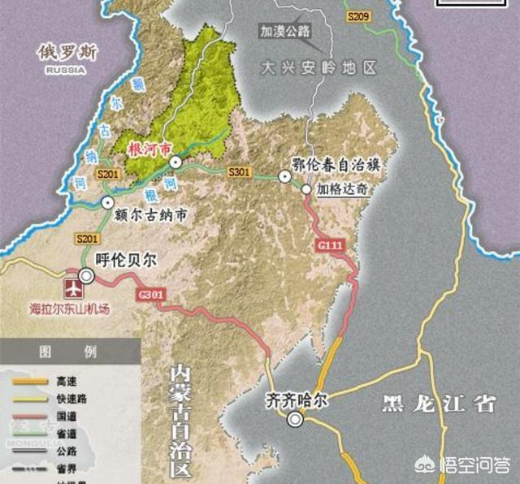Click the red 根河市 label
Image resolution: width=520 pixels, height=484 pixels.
tap(150, 149)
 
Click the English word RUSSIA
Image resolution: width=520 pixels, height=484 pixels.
tap(66, 70)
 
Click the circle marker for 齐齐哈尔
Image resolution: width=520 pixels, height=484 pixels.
tap(295, 419)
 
